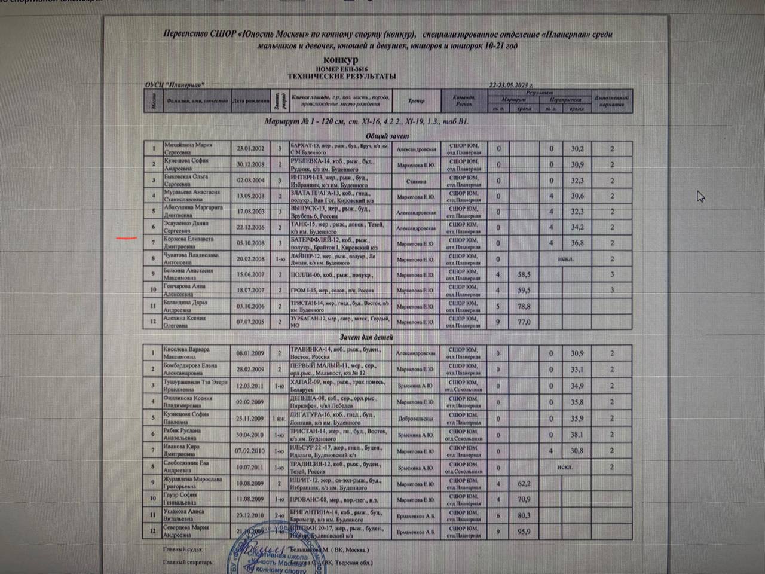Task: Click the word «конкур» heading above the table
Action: (341, 60)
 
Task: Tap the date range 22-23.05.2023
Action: (511, 85)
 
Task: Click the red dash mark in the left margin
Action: (126, 237)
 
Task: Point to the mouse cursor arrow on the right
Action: (700, 196)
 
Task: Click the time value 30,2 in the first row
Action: (577, 149)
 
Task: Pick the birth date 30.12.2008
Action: (250, 164)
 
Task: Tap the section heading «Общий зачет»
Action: (387, 136)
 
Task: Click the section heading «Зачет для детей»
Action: (366, 337)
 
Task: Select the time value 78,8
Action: (524, 306)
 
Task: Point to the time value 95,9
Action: (524, 531)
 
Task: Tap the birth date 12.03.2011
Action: (250, 386)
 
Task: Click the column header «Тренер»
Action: (416, 100)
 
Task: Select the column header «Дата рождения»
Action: (250, 100)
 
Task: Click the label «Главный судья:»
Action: (183, 549)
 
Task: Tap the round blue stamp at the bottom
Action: (263, 553)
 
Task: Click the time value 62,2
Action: (524, 483)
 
